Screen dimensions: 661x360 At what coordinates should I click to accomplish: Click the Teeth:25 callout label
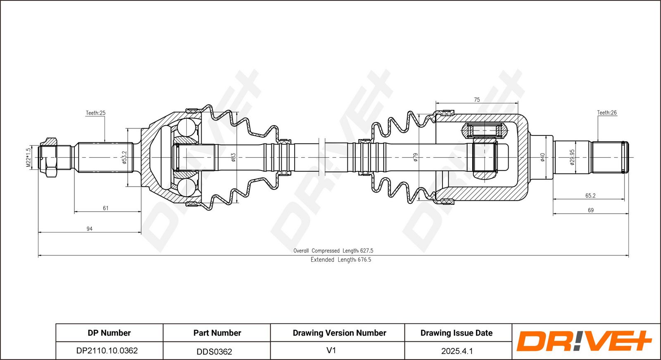click(x=95, y=113)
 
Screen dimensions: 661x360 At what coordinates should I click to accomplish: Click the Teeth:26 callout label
click(x=607, y=112)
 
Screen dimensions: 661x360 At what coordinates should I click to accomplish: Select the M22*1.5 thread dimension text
click(x=29, y=157)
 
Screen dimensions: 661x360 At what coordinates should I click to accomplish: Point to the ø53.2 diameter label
click(x=124, y=157)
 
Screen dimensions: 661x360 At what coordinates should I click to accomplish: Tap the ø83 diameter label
click(x=233, y=157)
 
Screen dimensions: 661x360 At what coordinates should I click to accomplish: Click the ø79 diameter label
click(x=416, y=157)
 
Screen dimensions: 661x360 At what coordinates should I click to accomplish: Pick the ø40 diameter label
click(x=542, y=157)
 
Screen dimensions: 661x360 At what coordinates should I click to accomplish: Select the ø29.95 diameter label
click(x=572, y=157)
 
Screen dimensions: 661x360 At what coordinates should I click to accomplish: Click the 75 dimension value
click(x=477, y=99)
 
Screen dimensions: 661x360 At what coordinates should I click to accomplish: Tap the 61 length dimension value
click(x=106, y=208)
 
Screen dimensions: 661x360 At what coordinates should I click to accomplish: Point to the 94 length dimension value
click(x=89, y=229)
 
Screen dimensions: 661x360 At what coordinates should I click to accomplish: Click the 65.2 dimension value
click(x=590, y=195)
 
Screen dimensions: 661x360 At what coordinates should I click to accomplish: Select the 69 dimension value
click(x=590, y=210)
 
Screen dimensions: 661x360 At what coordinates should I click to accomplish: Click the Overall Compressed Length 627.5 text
click(x=333, y=251)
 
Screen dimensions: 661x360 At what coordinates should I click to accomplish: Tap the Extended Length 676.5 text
click(x=341, y=260)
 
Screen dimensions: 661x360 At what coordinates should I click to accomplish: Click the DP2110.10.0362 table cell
click(x=107, y=351)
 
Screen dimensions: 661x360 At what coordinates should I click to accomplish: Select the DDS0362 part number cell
click(x=214, y=351)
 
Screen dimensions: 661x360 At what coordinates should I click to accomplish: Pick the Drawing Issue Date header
click(x=456, y=333)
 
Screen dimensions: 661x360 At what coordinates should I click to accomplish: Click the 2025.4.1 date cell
click(x=457, y=351)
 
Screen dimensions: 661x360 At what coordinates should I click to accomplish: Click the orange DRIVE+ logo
click(x=584, y=341)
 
